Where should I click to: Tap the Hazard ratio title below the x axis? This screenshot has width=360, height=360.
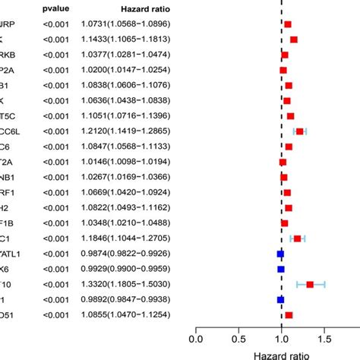[281, 353]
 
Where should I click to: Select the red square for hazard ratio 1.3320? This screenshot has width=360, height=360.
[310, 284]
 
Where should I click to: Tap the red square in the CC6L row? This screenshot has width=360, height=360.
[300, 131]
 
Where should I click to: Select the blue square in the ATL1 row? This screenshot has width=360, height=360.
[281, 254]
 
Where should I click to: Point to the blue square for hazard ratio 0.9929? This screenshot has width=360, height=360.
[281, 269]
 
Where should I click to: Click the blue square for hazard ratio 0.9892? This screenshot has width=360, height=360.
[281, 299]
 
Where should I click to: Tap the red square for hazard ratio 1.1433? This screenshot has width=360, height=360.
[294, 39]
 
